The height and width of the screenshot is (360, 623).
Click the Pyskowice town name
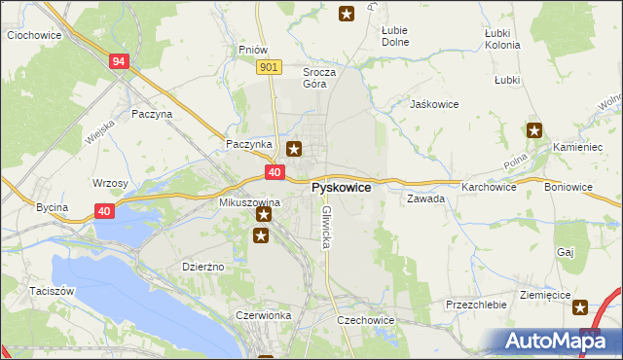click(x=341, y=187)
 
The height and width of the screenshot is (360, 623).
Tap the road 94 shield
click(x=119, y=61)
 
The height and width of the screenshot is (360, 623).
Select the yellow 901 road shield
click(x=271, y=66)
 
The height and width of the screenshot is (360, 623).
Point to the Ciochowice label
click(x=34, y=35)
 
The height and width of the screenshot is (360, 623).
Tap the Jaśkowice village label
click(x=434, y=104)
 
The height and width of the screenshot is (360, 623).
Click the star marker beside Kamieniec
click(x=534, y=129)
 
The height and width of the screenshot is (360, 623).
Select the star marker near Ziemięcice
click(x=581, y=307)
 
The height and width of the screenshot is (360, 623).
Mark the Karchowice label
click(x=490, y=186)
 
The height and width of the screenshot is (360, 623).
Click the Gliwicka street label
click(x=327, y=227)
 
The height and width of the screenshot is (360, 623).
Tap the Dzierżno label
click(x=203, y=267)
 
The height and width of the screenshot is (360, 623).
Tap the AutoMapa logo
click(x=551, y=342)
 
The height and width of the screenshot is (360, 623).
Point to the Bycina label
click(x=52, y=207)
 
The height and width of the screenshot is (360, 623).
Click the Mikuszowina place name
click(x=249, y=201)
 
